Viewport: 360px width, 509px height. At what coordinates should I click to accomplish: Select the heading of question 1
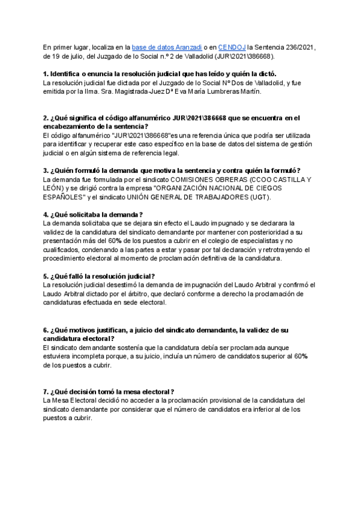coord(159,73)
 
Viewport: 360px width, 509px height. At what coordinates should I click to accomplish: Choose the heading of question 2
coord(171,122)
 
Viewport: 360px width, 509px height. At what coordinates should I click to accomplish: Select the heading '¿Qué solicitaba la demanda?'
coord(93,214)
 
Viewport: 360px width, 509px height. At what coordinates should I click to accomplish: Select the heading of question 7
coord(109,391)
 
